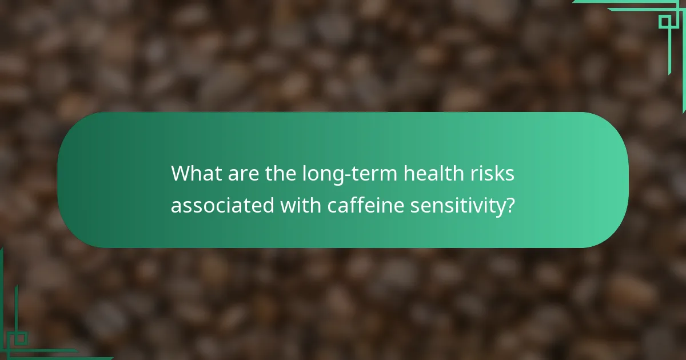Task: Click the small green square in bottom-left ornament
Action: [x=21, y=339]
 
